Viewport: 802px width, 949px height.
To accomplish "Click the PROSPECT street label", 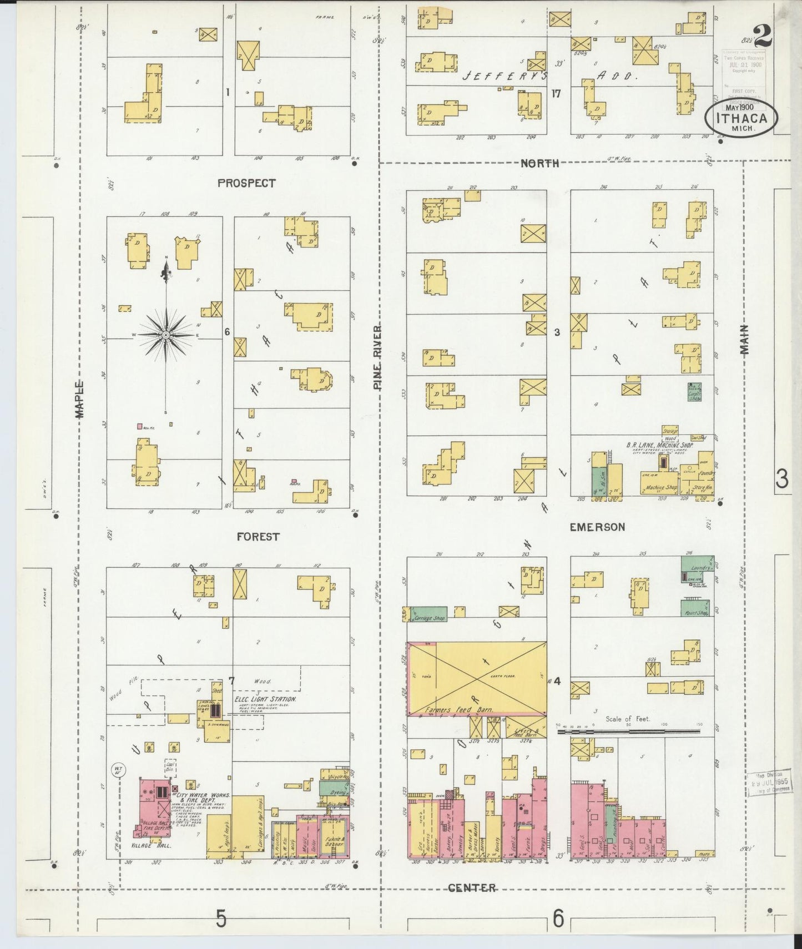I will pos(246,183).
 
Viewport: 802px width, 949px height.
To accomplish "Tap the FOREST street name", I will pos(258,537).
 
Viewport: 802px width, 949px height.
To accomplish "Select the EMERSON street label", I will pos(597,527).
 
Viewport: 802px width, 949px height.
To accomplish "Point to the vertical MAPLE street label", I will pos(80,399).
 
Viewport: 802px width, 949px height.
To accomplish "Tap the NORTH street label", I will pos(539,163).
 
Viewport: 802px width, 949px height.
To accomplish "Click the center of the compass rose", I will pos(165,336).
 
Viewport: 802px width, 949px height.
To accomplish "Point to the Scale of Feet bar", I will pos(628,731).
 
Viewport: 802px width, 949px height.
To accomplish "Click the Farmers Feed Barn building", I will pos(477,678).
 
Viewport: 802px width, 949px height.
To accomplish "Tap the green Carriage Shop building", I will pos(427,614).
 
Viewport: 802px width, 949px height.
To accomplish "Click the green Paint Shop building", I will pos(695,608).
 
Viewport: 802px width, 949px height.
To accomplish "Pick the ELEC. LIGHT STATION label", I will pos(265,699).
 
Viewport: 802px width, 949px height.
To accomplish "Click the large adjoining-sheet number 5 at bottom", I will pos(221,920).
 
